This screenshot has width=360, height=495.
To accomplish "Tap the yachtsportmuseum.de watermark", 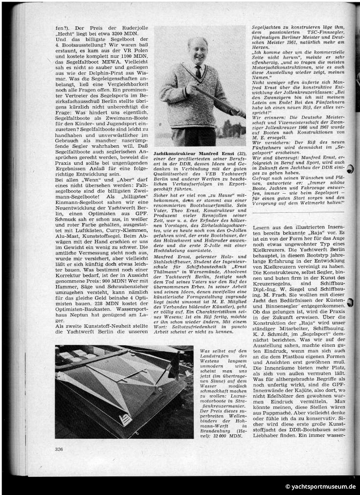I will pyautogui.click(x=316, y=487).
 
